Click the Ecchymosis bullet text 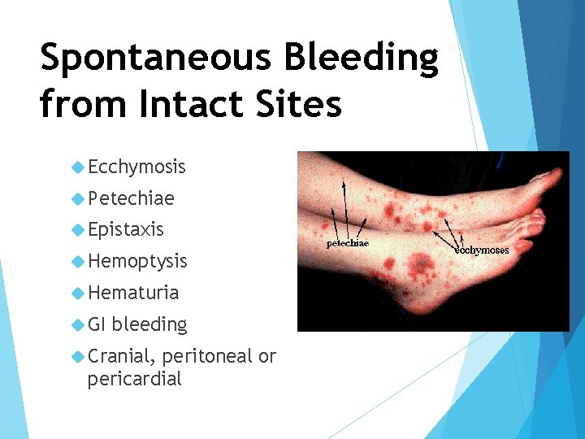point(136,167)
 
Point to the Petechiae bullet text point(131,198)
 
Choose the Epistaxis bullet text point(126,230)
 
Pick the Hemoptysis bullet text point(137,261)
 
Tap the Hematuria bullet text point(133,293)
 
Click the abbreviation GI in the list point(97,324)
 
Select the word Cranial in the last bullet point(122,356)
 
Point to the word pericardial point(134,379)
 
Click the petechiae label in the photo point(347,243)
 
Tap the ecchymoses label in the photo point(482,250)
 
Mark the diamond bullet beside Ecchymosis point(78,167)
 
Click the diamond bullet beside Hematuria point(78,293)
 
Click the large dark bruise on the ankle point(420,263)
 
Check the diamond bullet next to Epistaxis point(78,230)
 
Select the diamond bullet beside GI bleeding point(78,324)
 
